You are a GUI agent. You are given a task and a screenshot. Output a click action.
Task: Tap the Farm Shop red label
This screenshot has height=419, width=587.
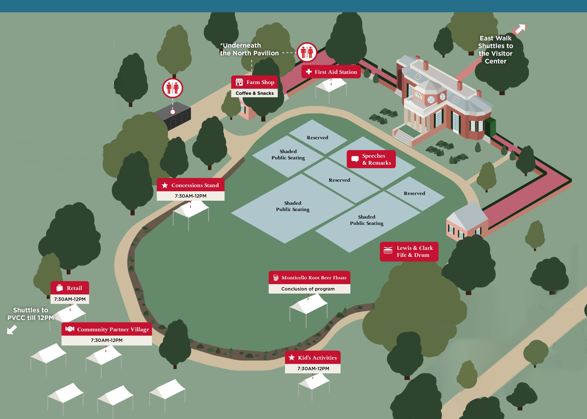tap(254, 82)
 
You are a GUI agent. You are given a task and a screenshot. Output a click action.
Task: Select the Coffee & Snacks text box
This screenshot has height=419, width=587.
tap(254, 93)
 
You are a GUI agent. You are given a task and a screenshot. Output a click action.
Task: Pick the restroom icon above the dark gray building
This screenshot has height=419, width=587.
tap(172, 88)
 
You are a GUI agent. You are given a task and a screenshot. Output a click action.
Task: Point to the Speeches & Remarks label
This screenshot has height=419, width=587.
tap(371, 159)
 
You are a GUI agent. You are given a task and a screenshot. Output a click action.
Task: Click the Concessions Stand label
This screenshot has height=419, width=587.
tap(191, 185)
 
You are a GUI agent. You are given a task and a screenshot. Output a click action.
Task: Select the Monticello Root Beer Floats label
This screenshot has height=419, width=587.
tap(309, 278)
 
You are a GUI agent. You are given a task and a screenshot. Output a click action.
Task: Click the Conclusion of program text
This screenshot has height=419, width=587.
tap(308, 289)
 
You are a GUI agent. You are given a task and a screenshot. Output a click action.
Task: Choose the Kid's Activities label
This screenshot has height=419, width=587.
tap(313, 358)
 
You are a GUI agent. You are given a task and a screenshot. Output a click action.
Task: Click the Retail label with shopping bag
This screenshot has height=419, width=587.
tap(70, 288)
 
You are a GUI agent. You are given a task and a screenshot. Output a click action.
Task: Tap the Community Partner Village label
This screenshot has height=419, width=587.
tap(107, 329)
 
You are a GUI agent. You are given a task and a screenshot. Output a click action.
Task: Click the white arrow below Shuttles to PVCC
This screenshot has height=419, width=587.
tap(12, 329)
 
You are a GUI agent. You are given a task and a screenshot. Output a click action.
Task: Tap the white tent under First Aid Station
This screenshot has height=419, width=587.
tap(331, 86)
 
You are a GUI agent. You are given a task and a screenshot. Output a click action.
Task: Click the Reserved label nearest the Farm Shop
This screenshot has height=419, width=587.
tap(317, 137)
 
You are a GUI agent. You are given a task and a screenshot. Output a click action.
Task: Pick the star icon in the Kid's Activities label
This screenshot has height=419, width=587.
tap(292, 357)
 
